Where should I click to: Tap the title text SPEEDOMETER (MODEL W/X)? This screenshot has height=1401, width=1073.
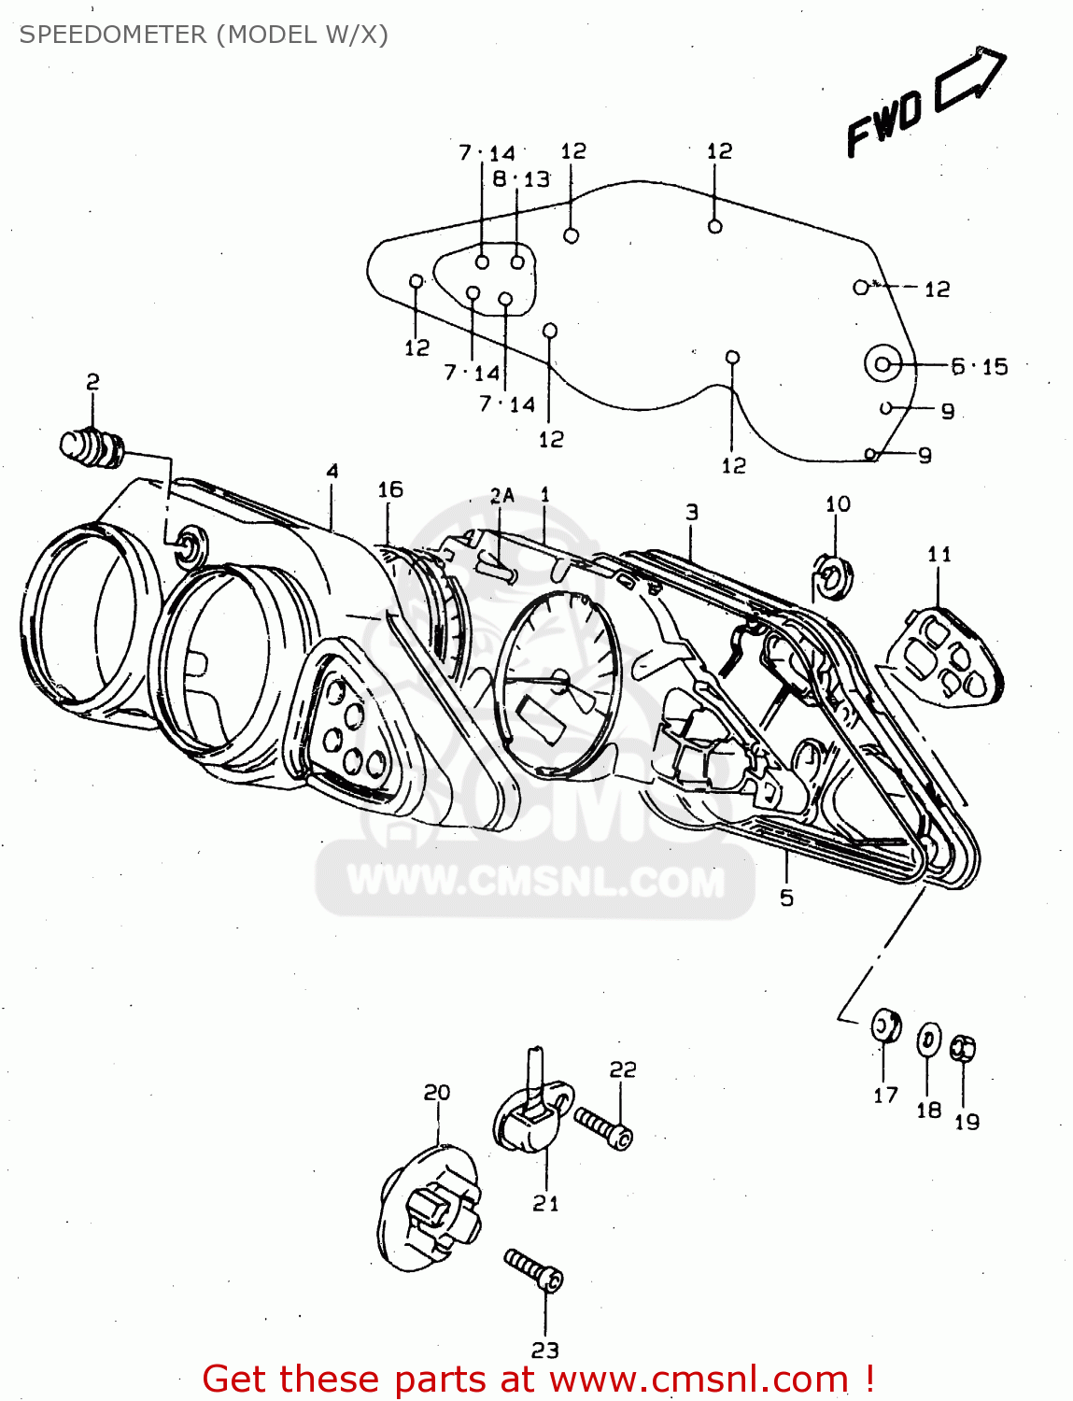click(204, 35)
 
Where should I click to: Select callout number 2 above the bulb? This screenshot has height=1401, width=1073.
click(92, 381)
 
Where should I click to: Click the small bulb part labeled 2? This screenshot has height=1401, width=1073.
click(92, 446)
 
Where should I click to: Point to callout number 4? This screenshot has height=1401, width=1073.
click(332, 472)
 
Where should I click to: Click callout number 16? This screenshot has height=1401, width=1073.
click(390, 489)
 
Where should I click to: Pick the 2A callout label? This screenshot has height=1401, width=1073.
click(502, 495)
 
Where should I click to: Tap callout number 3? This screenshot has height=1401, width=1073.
click(691, 512)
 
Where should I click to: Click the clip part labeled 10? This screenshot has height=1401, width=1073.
click(831, 577)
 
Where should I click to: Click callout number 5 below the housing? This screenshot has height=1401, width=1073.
click(786, 898)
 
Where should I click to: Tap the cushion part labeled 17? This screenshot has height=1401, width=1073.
click(885, 1027)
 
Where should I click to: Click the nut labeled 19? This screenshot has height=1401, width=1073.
click(963, 1049)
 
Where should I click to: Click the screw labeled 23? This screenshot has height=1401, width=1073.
click(534, 1271)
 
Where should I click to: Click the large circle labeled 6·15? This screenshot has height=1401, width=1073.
click(882, 364)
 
